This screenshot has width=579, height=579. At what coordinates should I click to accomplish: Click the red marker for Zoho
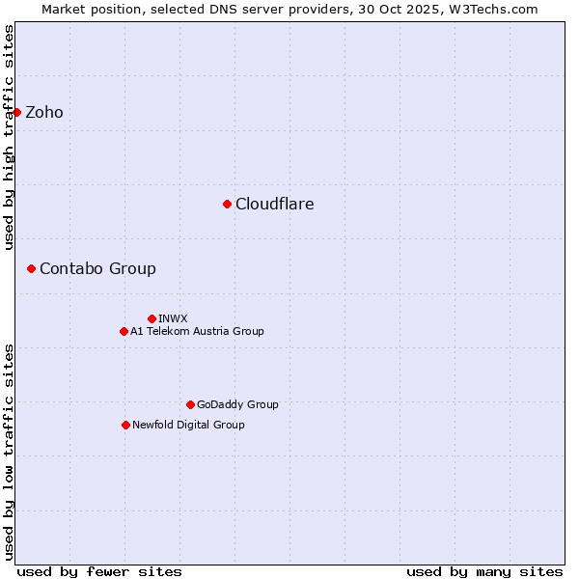[16, 112]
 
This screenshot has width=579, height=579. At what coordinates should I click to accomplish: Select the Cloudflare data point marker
[227, 204]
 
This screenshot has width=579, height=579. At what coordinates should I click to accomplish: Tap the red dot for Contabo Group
[31, 268]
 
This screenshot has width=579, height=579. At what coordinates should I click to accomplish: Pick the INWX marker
[152, 318]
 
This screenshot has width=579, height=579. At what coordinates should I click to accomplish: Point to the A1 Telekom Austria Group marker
[124, 331]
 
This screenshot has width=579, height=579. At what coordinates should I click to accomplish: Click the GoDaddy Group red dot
[190, 404]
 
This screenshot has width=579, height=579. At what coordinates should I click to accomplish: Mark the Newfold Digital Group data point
[125, 425]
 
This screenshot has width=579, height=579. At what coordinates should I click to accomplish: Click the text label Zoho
[44, 113]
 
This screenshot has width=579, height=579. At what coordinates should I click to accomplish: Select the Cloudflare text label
[275, 205]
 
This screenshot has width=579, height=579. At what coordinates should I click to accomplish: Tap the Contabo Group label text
[97, 269]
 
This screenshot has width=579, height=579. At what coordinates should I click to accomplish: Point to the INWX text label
[173, 318]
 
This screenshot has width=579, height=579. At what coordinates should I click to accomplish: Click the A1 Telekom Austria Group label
[197, 332]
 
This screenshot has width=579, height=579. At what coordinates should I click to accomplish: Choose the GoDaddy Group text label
[237, 405]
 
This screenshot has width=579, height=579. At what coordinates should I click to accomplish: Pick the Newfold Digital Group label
[188, 426]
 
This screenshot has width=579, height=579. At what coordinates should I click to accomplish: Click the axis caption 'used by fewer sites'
[99, 571]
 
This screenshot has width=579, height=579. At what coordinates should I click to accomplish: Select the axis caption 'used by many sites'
[484, 571]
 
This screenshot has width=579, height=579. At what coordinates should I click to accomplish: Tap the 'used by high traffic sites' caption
[10, 137]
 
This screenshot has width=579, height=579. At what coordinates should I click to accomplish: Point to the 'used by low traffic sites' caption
[10, 451]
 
